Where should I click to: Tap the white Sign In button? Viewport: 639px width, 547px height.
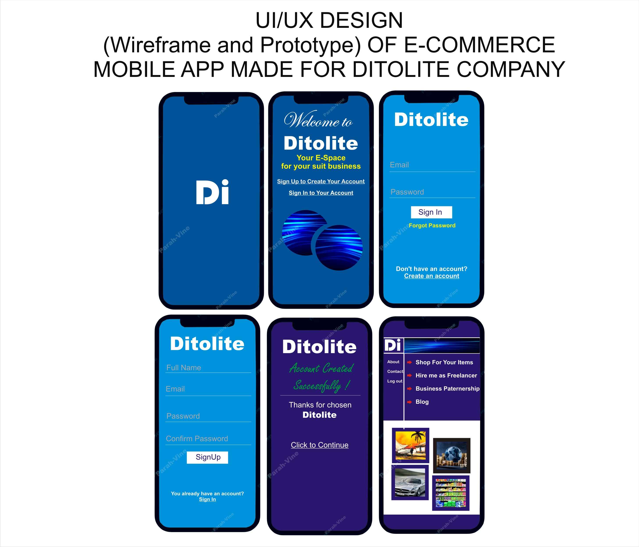tap(431, 212)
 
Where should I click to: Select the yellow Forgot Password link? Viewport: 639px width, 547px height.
tap(432, 225)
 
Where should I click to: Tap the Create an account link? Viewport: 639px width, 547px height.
tap(431, 276)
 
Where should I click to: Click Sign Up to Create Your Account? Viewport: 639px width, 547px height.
tap(321, 181)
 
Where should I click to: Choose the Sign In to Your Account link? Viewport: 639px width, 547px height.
tap(321, 193)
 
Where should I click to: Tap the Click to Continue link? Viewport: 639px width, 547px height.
tap(320, 445)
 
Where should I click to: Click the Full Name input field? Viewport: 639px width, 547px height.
tap(208, 368)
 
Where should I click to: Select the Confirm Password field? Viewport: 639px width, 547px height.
tap(208, 439)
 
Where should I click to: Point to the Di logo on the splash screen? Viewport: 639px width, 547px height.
tap(212, 192)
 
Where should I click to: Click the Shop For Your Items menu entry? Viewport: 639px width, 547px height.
tap(444, 362)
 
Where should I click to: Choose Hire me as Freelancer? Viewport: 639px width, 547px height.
tap(446, 375)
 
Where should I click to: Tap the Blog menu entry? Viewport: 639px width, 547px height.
tap(422, 402)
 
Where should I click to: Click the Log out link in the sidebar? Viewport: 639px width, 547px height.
tap(395, 381)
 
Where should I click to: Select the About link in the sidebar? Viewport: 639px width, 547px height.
tap(393, 362)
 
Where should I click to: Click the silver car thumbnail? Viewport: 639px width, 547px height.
tap(410, 483)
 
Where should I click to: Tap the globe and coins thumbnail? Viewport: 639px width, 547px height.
tap(452, 455)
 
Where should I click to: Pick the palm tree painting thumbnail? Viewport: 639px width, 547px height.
tap(411, 445)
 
